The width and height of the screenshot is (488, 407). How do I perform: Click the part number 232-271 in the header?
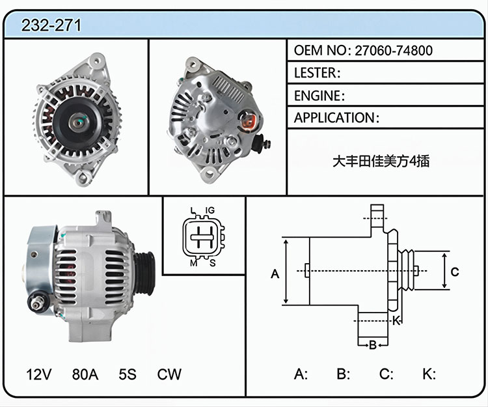coord(51,25)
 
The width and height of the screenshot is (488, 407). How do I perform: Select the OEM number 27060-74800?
coord(394,50)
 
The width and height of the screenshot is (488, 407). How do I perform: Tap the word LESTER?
coord(315,73)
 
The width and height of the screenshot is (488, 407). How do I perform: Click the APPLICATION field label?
coord(334,118)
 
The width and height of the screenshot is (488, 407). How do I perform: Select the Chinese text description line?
coord(381,161)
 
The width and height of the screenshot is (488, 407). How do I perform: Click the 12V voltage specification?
coord(39,374)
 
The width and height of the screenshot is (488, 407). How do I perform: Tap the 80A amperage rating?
coord(85,374)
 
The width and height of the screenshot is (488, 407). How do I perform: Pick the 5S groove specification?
coord(128,374)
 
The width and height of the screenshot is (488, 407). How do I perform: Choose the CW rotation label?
coord(169,374)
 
